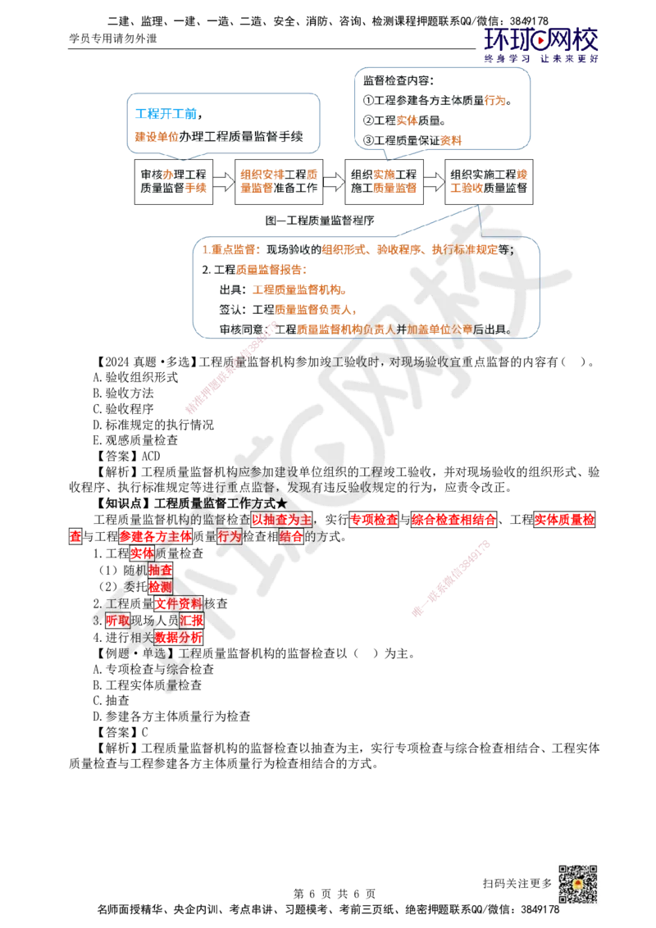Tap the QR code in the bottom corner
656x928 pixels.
click(576, 885)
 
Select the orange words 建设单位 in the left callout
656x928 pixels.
click(150, 137)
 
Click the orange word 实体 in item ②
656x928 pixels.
click(408, 121)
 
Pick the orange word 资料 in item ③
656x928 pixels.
click(451, 140)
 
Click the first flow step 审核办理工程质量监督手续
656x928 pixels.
click(173, 181)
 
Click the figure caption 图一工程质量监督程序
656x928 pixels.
click(322, 220)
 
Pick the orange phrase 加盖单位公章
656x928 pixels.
click(440, 329)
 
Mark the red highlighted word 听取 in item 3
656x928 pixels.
click(117, 621)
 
